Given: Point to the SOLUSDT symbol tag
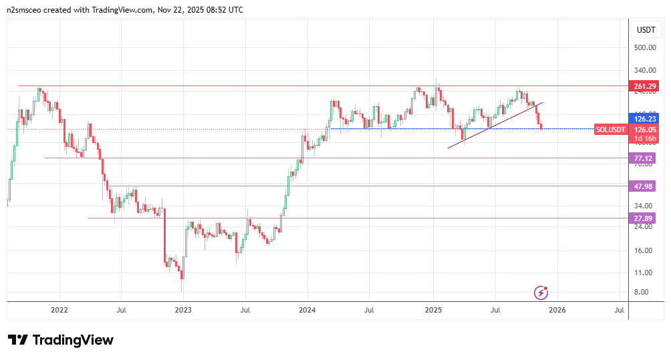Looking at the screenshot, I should (611, 129).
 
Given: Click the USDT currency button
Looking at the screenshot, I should (646, 30).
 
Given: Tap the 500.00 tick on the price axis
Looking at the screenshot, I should (644, 48).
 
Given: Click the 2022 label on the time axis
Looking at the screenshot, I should (59, 310).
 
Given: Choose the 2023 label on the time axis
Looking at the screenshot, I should (182, 310).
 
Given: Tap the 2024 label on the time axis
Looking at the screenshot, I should (307, 310).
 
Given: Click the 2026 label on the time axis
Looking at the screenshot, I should (557, 310).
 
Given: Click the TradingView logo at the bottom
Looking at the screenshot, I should (61, 340).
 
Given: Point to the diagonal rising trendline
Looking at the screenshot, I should (495, 125).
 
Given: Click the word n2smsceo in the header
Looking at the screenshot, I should (28, 10).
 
